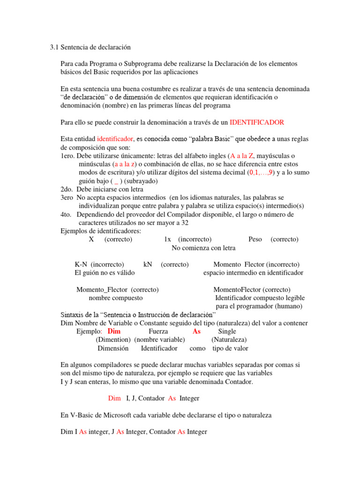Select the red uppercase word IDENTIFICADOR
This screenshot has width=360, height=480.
257,122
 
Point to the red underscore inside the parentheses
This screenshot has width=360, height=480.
116,181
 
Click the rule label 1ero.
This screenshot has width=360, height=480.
68,156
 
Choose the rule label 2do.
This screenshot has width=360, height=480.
67,189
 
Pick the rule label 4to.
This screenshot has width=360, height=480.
67,215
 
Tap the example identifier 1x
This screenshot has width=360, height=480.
168,239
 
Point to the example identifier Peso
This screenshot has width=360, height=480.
255,239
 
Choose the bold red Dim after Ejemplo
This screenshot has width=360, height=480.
114,331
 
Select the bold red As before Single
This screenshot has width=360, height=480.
196,331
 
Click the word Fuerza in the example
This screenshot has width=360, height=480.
158,331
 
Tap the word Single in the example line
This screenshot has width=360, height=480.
227,331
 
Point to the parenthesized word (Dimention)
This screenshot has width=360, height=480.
113,340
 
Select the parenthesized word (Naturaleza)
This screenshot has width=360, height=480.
229,340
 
